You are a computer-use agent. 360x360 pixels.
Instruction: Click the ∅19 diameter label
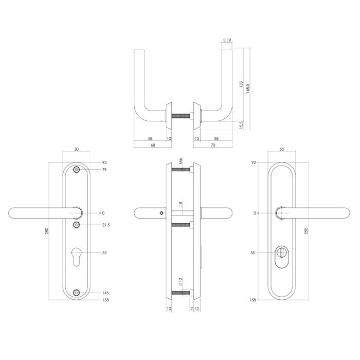(227, 40)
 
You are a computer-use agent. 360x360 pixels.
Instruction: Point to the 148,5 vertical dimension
(247, 88)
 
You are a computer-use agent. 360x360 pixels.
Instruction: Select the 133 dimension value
(241, 84)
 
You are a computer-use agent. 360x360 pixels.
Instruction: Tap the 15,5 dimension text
(241, 125)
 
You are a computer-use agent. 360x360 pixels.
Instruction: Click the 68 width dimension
(153, 145)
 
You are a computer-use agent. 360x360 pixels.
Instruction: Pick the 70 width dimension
(213, 145)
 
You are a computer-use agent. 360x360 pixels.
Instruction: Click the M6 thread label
(181, 161)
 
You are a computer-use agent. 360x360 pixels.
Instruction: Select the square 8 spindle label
(181, 204)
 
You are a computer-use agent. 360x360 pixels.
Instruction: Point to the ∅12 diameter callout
(180, 282)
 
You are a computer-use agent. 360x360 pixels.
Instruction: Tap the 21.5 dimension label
(106, 225)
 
